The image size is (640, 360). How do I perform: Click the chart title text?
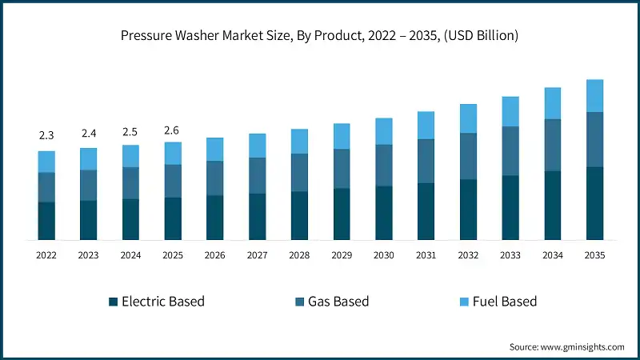point(319,35)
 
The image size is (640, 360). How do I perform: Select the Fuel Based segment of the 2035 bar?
point(594,96)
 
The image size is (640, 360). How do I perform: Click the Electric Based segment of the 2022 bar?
point(46,221)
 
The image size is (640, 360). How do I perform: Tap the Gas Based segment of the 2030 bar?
point(384,166)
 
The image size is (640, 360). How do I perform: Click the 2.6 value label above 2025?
point(173,130)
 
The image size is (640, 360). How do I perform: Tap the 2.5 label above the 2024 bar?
point(130,131)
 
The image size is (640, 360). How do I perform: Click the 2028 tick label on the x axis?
point(299,254)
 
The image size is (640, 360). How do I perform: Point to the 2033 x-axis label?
point(510,254)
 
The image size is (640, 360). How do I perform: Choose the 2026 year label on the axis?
point(215,254)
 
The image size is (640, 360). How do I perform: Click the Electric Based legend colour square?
point(114,302)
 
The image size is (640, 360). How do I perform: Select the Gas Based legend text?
point(340,302)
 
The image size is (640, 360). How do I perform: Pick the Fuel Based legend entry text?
point(504,302)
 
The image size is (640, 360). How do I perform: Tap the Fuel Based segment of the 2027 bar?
point(257,146)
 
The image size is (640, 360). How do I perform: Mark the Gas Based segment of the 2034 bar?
point(552,145)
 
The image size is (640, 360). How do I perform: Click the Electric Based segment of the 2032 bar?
point(468,210)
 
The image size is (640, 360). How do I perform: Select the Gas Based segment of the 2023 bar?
point(89,186)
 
